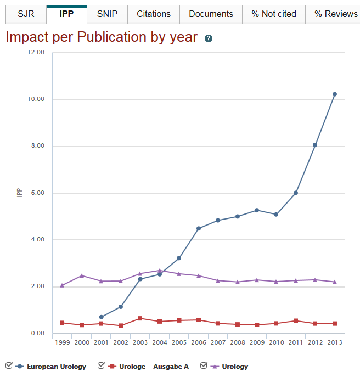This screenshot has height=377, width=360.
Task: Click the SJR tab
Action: click(26, 14)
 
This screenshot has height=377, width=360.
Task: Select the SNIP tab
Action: click(107, 14)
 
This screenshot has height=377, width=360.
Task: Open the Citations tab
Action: click(154, 14)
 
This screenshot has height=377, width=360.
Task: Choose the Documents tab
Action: click(211, 14)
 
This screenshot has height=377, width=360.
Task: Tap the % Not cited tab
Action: click(274, 14)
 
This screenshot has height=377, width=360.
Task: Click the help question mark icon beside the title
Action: click(209, 38)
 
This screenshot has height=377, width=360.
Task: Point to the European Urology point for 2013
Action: click(335, 94)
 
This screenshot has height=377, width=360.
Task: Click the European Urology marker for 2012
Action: click(315, 145)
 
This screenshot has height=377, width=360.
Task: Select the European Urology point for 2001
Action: click(102, 317)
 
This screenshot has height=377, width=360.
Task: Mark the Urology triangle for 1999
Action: click(62, 285)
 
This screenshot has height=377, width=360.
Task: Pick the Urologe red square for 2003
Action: click(140, 318)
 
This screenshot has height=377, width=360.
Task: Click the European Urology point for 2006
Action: click(199, 228)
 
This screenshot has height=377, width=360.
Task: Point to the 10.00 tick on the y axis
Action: click(36, 99)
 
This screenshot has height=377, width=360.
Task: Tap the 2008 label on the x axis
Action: click(238, 342)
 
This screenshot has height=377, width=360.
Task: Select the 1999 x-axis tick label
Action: click(62, 342)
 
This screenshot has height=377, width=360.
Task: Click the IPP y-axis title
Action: click(19, 193)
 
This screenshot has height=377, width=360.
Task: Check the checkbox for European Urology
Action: click(8, 365)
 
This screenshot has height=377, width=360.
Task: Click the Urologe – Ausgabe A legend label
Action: click(154, 367)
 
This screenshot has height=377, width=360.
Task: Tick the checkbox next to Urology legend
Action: click(204, 365)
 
